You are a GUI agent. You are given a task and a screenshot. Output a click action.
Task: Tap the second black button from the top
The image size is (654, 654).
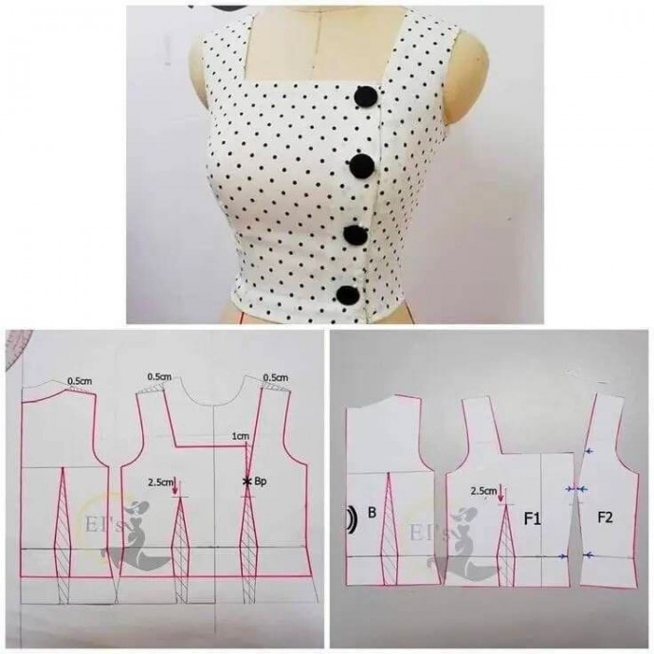pos(362,165)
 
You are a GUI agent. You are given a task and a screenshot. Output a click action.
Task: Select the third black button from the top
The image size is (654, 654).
pos(354,234)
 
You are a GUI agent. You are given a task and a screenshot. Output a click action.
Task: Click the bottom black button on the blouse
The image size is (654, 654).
pos(348,295)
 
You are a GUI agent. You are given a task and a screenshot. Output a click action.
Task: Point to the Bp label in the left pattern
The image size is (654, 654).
pos(261,481)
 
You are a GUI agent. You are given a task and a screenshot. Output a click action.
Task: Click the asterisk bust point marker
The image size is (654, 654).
pos(247,481)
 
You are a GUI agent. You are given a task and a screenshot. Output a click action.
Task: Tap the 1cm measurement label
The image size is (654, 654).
pos(240,436)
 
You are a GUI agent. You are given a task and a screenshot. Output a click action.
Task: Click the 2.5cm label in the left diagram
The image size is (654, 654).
pos(160,482)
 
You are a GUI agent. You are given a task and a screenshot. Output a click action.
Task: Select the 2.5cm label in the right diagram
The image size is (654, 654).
pos(483,491)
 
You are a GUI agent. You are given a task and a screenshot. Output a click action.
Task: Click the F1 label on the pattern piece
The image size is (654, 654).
pos(533,518)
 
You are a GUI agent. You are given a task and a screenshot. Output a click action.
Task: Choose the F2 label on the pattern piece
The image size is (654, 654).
pos(605,518)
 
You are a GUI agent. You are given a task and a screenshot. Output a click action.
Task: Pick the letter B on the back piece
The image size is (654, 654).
pos(372,512)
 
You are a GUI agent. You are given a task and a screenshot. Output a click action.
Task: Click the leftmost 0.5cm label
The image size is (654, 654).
pos(80,381)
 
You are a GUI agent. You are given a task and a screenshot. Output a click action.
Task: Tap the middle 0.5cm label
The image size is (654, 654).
pos(159,376)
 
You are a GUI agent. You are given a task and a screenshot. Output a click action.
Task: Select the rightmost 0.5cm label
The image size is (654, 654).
pos(275,377)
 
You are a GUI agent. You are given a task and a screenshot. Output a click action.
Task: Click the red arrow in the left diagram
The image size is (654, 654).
pos(175,485)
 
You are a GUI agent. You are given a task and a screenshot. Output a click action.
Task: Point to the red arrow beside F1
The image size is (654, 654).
pos(500,495)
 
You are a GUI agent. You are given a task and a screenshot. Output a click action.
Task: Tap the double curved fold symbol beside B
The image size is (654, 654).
pos(353,518)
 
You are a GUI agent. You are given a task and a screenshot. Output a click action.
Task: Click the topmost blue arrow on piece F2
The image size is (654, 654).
pos(589,451)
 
